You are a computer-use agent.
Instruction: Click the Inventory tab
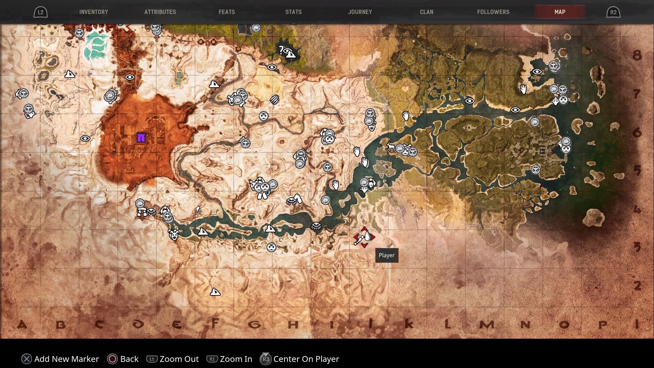[93, 12]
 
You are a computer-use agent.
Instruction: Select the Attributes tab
[160, 12]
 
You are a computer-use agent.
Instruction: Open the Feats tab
[227, 12]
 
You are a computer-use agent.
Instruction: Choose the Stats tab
[293, 12]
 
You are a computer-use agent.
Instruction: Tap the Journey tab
[360, 12]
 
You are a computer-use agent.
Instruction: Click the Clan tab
[426, 12]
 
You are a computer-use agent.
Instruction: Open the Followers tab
[493, 12]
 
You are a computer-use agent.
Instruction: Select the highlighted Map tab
[560, 12]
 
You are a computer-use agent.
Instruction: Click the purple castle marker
[141, 137]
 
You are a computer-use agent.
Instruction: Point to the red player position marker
[364, 237]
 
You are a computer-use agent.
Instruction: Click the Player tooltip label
[387, 255]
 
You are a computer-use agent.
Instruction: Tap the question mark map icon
[281, 50]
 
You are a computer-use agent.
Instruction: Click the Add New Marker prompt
[60, 359]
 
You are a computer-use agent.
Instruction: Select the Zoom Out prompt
[173, 359]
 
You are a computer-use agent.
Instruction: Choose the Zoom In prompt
[230, 359]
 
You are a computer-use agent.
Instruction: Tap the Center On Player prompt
[300, 359]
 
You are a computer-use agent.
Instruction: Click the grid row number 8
[637, 55]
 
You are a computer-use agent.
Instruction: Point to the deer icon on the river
[390, 147]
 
